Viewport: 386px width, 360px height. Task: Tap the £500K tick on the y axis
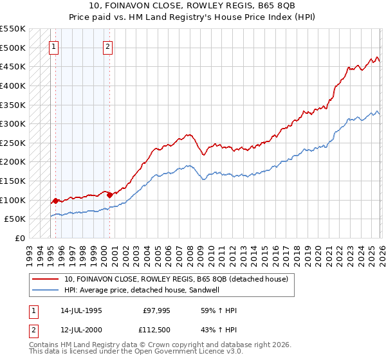[12, 48]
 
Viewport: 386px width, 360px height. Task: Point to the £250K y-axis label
[12, 143]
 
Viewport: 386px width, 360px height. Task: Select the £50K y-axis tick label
[15, 219]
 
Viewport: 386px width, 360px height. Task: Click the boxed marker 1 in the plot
[53, 46]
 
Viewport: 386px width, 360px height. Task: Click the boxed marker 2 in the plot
[107, 46]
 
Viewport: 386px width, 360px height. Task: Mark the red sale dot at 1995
[56, 201]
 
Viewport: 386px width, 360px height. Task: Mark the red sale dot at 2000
[109, 195]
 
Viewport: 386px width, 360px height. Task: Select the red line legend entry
[179, 279]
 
